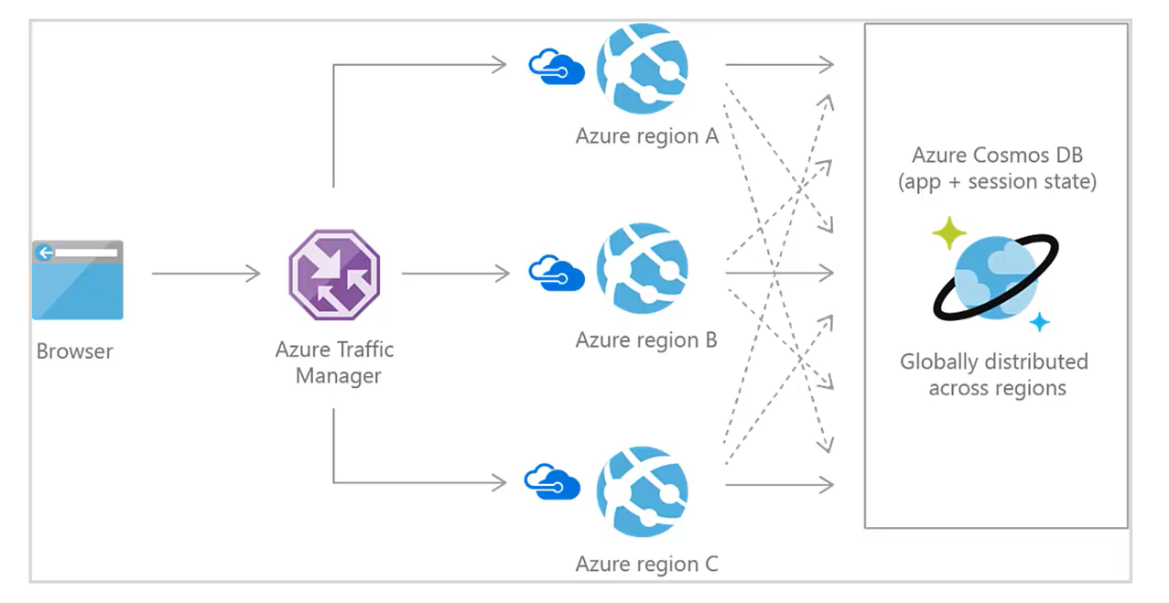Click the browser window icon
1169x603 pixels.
click(78, 280)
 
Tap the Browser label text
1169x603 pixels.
click(75, 351)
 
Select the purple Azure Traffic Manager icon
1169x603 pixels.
click(334, 274)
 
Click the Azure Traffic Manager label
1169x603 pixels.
click(335, 362)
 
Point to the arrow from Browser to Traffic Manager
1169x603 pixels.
click(206, 274)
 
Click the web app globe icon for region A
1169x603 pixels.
click(642, 69)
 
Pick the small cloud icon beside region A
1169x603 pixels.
click(557, 67)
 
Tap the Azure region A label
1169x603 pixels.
click(646, 136)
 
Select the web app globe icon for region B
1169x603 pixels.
click(642, 270)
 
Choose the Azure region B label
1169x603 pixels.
click(646, 340)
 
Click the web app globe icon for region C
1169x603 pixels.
click(642, 491)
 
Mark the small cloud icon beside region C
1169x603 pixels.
click(553, 481)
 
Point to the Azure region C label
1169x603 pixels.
click(646, 564)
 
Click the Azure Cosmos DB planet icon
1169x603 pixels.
click(996, 276)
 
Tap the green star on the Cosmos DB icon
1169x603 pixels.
click(949, 234)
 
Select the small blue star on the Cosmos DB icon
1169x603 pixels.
click(1039, 322)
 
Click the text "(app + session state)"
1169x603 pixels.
click(997, 181)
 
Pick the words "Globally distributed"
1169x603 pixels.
click(993, 361)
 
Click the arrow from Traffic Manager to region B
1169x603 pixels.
click(455, 273)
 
